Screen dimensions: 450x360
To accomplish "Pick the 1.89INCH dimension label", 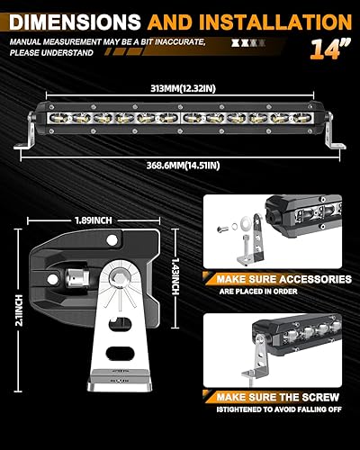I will [x=94, y=217].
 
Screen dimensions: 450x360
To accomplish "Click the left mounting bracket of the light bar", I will [x=31, y=140].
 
